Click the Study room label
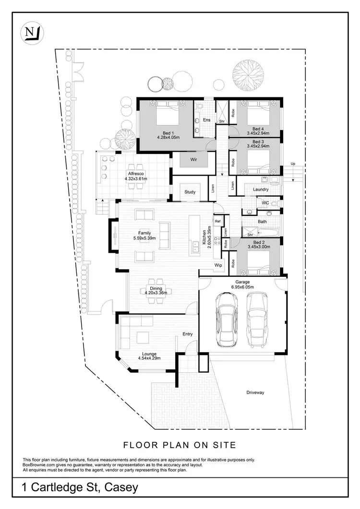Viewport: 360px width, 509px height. click(190, 192)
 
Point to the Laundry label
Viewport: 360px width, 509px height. click(260, 189)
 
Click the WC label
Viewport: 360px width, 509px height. click(265, 203)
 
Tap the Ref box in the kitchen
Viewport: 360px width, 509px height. click(217, 221)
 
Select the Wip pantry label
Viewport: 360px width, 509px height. click(218, 264)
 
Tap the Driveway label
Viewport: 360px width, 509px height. click(255, 392)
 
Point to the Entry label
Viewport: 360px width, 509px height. click(187, 334)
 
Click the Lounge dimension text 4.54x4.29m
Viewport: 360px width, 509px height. click(149, 358)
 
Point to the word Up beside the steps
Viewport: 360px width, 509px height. click(293, 165)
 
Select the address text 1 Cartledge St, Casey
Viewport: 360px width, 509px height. click(80, 488)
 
